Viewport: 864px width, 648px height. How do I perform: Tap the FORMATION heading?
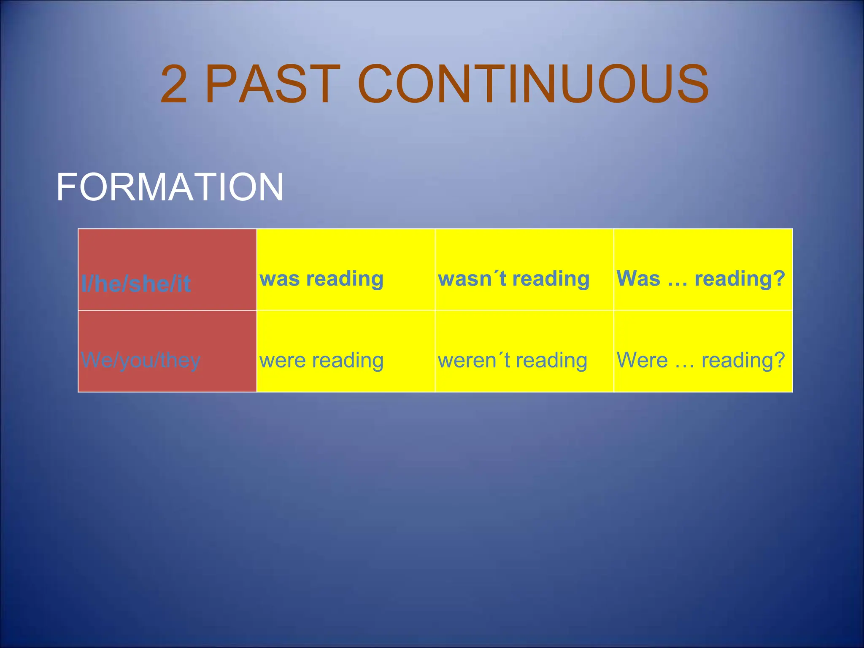click(x=170, y=187)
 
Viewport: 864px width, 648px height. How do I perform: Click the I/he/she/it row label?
click(x=136, y=283)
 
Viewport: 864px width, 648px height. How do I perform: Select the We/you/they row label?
click(x=141, y=360)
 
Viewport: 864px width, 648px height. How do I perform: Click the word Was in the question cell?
click(x=638, y=278)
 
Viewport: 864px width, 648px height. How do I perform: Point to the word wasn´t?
click(x=472, y=279)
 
